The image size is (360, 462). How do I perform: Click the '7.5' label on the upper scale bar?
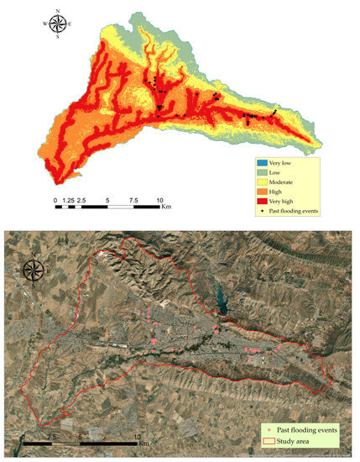tap(133, 201)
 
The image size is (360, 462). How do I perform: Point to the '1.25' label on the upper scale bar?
tap(69, 201)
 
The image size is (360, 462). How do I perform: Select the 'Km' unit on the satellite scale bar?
tap(144, 441)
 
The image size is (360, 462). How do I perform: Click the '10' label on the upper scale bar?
tap(159, 201)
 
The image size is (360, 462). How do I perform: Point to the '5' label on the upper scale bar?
tap(107, 201)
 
